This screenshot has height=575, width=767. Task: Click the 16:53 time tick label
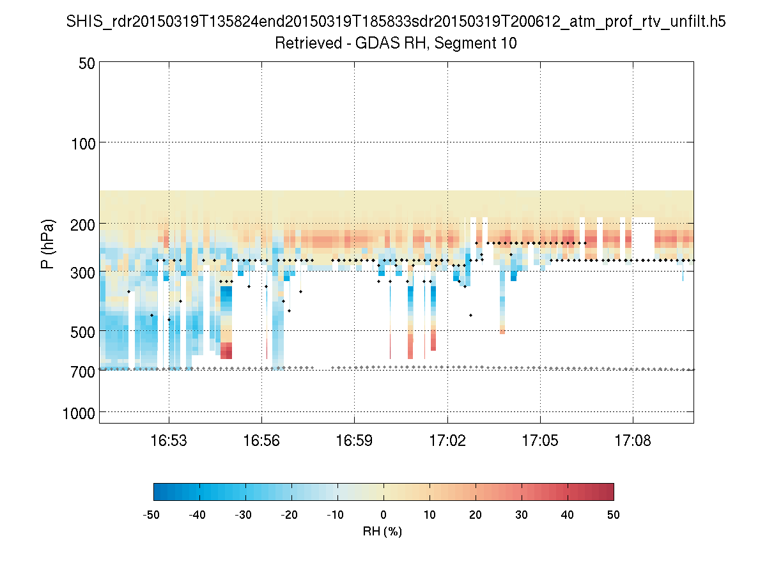click(x=169, y=441)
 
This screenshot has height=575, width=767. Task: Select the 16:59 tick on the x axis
click(x=354, y=441)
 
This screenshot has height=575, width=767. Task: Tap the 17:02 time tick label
click(x=447, y=441)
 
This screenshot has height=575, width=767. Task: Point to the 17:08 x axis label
click(x=633, y=441)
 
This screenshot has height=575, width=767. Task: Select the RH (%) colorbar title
click(x=382, y=531)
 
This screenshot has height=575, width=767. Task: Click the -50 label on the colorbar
click(x=151, y=515)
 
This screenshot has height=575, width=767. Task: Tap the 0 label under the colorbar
click(x=383, y=515)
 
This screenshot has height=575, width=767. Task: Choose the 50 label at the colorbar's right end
click(x=614, y=515)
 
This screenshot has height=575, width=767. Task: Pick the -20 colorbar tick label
click(x=290, y=515)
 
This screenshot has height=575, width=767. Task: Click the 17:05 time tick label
click(x=540, y=441)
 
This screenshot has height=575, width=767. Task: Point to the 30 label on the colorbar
click(x=522, y=515)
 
